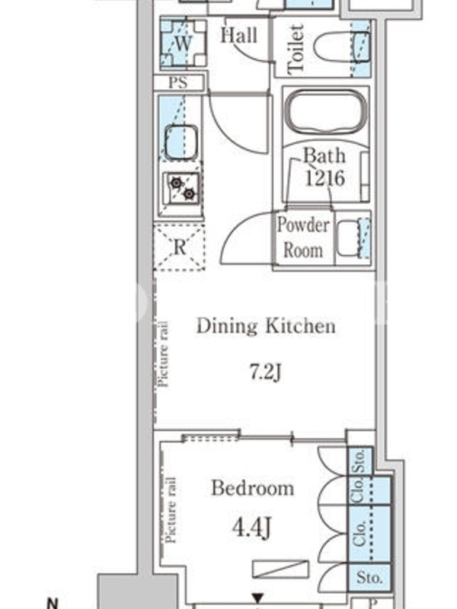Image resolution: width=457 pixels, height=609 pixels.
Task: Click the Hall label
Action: [239, 35]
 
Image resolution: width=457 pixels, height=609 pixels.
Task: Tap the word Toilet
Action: [296, 49]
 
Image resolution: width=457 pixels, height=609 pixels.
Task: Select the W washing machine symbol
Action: [183, 43]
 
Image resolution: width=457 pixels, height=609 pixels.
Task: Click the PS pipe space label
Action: [178, 82]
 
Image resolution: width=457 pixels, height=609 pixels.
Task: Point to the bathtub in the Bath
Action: [326, 112]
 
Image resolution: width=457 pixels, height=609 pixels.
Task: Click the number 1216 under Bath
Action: [325, 178]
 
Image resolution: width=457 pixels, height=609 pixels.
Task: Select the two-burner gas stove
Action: [182, 188]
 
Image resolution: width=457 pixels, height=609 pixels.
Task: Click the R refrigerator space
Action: [179, 247]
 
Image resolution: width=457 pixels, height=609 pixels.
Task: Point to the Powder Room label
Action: [303, 237]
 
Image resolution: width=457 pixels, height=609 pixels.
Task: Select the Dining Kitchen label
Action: [266, 326]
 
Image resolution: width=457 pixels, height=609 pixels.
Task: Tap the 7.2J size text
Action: [266, 372]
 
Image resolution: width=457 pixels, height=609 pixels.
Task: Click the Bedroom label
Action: [253, 488]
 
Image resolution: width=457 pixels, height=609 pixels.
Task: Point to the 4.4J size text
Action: [251, 528]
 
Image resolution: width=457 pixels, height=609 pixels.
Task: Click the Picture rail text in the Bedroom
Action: [171, 510]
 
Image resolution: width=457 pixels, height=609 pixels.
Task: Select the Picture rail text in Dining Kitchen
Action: [163, 354]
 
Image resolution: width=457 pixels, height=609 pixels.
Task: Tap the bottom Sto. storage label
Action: [369, 578]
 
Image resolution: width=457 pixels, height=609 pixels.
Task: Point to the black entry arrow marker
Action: [257, 598]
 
